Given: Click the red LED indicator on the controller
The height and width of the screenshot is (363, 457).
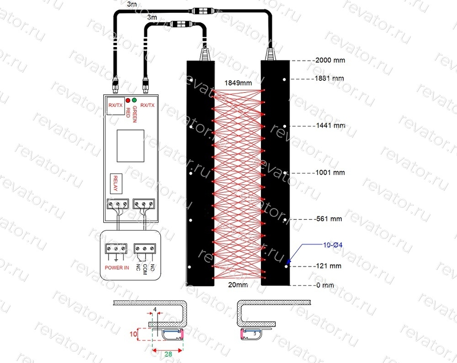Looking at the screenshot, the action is coord(128,100).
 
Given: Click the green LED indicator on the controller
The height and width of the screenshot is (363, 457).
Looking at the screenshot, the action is coord(134,100).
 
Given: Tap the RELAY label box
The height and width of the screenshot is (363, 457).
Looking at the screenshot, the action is coord(116,184).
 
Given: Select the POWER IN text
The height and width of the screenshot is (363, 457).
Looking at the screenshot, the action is coord(117,267).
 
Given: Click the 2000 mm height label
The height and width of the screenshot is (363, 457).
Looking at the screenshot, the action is coord(330,60).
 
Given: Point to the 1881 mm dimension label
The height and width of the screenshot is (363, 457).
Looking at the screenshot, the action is coord(329,78).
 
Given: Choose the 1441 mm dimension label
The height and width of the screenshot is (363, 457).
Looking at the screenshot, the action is coord(330,126).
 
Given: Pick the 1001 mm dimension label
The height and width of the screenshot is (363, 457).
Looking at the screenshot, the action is coord(330,173).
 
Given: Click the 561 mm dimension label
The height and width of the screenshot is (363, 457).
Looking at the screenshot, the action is coord(329,219).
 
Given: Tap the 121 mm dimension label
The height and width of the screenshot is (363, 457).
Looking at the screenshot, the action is coord(329,266).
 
